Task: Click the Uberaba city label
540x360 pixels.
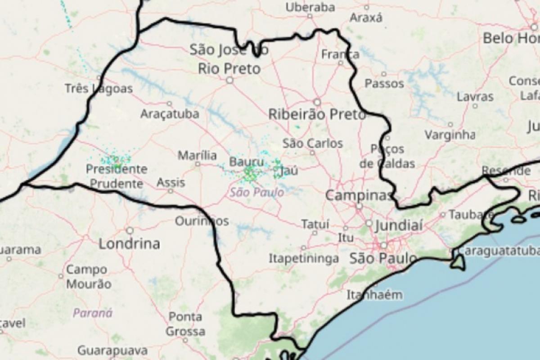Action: [x=310, y=7]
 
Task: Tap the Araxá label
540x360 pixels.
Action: [x=366, y=18]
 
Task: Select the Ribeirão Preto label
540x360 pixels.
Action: [x=317, y=114]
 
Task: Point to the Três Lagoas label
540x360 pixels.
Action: [x=99, y=89]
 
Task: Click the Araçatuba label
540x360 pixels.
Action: [x=169, y=113]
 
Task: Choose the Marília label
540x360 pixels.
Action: [x=197, y=156]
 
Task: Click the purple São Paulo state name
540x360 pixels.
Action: [x=256, y=193]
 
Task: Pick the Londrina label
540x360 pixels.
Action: [x=129, y=244]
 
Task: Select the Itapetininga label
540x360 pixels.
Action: [x=304, y=259]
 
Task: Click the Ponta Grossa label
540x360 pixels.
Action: [x=185, y=324]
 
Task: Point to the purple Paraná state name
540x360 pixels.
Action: [x=93, y=313]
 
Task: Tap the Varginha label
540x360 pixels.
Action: [x=450, y=134]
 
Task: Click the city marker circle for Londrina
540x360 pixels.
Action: [x=130, y=230]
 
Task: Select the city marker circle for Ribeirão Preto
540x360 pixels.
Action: [x=317, y=102]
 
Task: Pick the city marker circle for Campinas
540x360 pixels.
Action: [x=359, y=207]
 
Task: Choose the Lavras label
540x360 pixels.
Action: [x=475, y=97]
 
